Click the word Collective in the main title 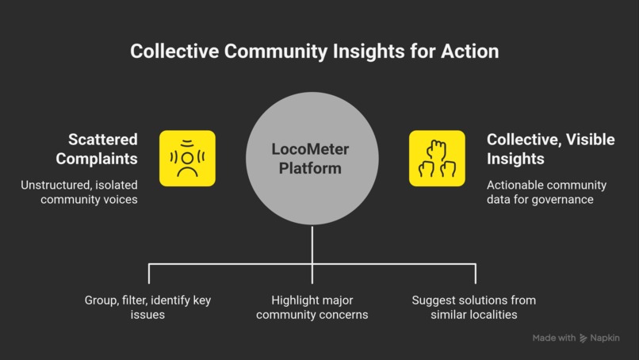click(x=174, y=52)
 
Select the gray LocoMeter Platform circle click(x=312, y=158)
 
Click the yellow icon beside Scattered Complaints click(x=187, y=158)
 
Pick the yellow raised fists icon click(x=437, y=158)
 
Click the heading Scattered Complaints click(x=97, y=149)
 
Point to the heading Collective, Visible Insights click(x=550, y=149)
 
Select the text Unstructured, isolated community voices click(x=79, y=192)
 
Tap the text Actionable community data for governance click(x=546, y=192)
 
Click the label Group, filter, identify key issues click(x=148, y=308)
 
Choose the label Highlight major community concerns click(x=312, y=308)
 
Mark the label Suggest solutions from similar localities click(x=474, y=308)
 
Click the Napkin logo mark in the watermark click(x=584, y=338)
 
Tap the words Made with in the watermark click(x=554, y=338)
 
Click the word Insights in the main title click(x=369, y=52)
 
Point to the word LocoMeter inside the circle click(x=310, y=149)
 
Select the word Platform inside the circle click(x=310, y=168)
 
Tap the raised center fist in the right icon click(x=437, y=149)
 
